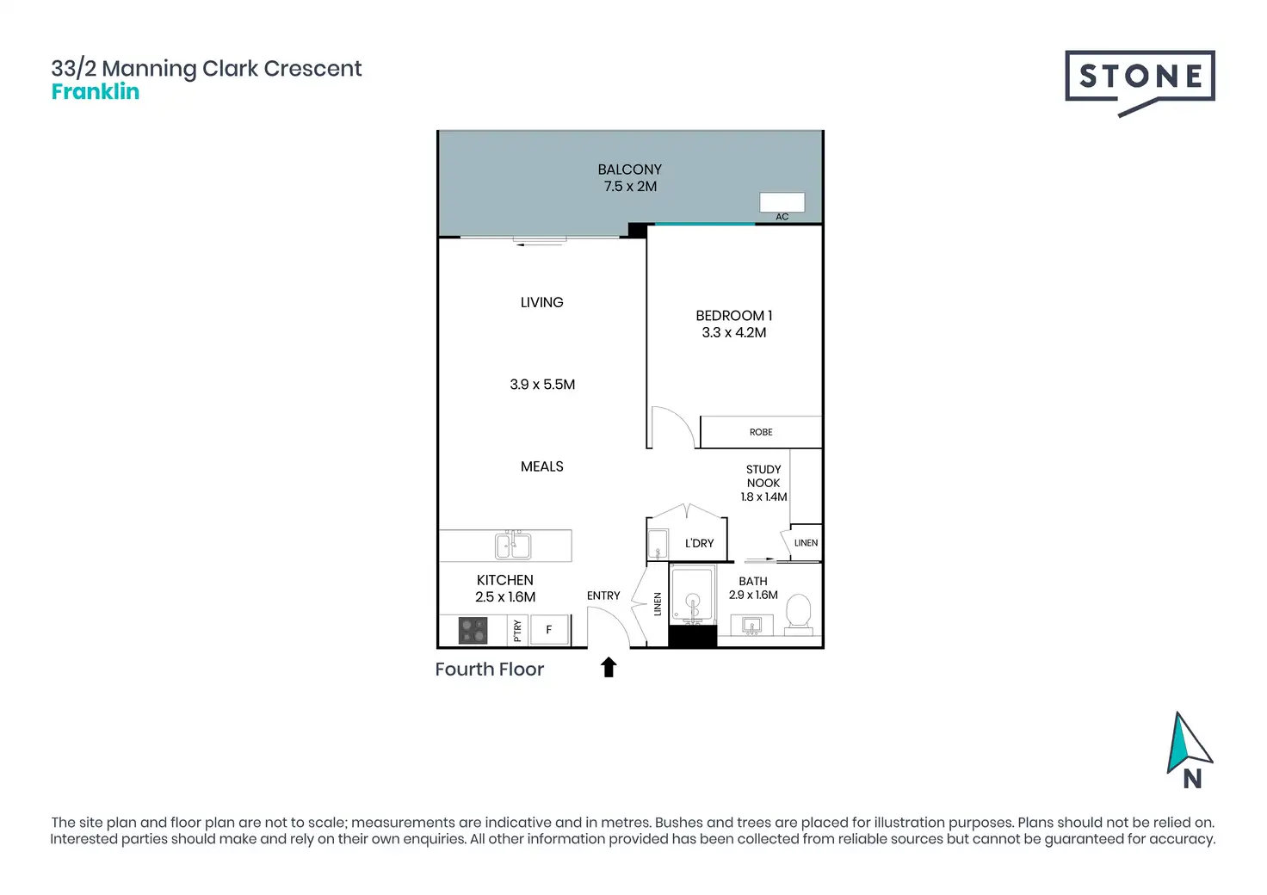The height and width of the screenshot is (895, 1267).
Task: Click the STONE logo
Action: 1139,83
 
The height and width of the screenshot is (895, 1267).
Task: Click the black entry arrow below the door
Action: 609,667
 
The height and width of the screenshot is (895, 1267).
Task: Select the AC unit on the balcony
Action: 782,202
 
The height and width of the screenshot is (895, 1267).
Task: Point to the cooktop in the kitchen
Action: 473,631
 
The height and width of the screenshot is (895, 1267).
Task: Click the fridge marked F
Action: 548,629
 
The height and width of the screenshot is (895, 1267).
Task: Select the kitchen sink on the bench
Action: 512,546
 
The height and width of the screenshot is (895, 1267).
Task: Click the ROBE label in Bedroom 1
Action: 761,432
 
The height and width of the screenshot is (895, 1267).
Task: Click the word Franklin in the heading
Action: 96,91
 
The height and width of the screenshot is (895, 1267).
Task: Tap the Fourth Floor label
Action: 489,670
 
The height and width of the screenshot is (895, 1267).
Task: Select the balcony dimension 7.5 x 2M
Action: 630,186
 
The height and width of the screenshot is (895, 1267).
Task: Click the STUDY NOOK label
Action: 763,476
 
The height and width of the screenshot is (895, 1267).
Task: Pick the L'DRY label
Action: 699,543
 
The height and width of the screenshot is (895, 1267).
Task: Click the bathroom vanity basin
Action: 751,626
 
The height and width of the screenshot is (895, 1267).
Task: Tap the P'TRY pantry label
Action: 517,631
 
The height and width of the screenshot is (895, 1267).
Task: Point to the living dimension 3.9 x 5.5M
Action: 542,385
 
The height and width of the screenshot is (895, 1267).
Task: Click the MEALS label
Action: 542,466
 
